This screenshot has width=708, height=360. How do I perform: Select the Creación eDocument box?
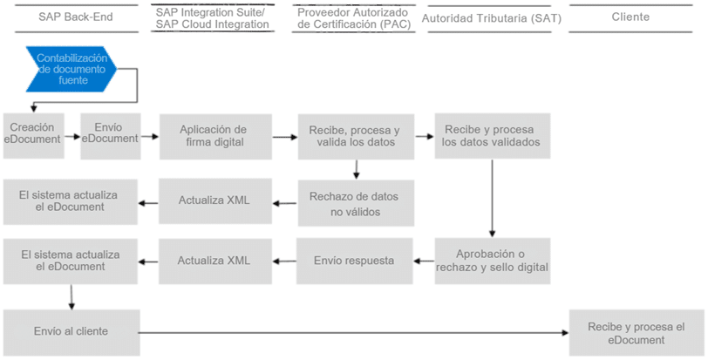pos(33,136)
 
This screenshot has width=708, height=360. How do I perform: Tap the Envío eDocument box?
pos(111,136)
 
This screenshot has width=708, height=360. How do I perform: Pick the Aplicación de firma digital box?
pos(215,136)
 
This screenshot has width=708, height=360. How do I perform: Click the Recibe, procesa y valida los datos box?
pos(356,136)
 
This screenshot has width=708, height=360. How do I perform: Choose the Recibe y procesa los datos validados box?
pos(492,136)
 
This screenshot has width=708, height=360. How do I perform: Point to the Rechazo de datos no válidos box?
pos(356,203)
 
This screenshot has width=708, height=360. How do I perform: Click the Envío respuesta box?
pos(355,262)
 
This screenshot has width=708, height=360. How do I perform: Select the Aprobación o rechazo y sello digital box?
pos(492,261)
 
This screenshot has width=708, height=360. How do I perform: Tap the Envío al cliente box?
pos(71,332)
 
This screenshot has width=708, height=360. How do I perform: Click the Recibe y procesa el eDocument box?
pos(637,333)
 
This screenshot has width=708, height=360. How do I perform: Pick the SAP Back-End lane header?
pos(76,17)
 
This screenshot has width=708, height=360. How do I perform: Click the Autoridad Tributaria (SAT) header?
pos(491,18)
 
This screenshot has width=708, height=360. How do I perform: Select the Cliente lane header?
pos(630,17)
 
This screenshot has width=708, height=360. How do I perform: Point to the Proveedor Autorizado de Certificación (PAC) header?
pos(354,18)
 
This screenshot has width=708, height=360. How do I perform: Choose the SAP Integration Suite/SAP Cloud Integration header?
pos(212,18)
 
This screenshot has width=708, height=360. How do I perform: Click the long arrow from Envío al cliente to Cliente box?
pos(354,333)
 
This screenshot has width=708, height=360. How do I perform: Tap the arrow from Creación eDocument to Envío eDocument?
pos(72,136)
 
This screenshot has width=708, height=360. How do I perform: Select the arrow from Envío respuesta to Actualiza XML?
pos(284,262)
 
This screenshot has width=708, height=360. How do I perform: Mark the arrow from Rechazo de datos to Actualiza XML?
pos(284,203)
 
